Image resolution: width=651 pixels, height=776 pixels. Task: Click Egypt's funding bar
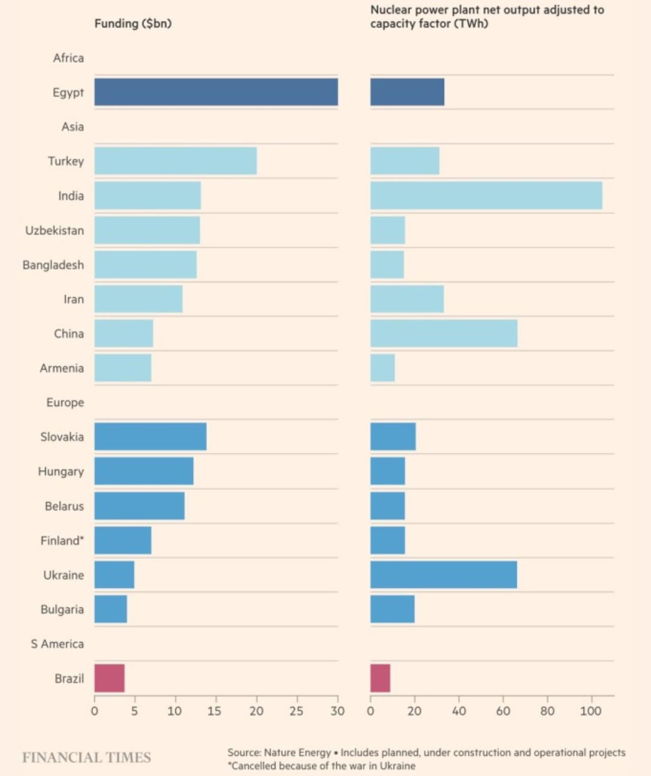coord(216,92)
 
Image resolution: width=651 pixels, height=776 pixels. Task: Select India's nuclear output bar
coord(486,195)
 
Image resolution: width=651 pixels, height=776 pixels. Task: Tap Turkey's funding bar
coord(175,161)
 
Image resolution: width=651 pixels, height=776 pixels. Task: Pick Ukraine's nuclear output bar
coord(443,574)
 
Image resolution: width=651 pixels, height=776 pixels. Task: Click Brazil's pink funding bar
coord(109,678)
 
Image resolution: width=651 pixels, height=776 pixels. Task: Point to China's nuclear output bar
coord(443,333)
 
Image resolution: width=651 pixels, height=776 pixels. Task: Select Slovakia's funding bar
coord(151,437)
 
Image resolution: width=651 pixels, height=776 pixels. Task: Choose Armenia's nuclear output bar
coord(382,368)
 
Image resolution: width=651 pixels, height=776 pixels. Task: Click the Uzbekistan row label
coord(54,231)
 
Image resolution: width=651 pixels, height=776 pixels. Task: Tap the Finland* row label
coord(62,540)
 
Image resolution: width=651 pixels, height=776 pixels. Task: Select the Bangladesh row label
coord(53,265)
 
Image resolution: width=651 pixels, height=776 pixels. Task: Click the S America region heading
coord(57,644)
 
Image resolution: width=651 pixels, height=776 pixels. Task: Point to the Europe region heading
coord(65,403)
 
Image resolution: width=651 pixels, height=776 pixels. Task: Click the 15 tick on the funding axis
coord(214,711)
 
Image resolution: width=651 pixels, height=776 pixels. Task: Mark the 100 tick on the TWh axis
coord(590,711)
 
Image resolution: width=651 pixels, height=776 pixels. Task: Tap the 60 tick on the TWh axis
coord(503,711)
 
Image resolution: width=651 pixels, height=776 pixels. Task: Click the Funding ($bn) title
coord(133,23)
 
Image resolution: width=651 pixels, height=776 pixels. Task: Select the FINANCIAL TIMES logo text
coord(86,757)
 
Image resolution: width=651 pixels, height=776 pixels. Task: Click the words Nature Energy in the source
coord(298,753)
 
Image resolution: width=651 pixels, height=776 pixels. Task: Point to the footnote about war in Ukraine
coord(321,766)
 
